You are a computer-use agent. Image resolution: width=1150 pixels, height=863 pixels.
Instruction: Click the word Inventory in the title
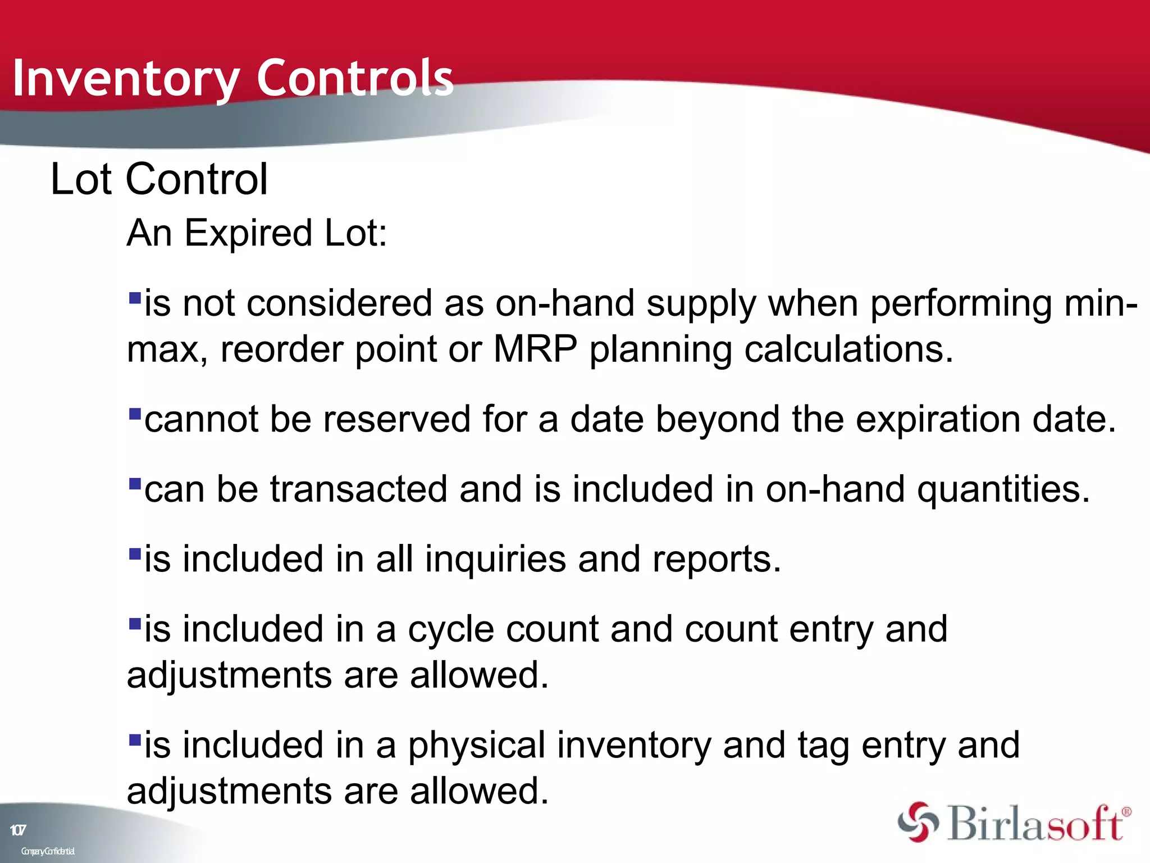[126, 79]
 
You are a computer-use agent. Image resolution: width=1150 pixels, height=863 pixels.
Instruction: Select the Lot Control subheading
[159, 179]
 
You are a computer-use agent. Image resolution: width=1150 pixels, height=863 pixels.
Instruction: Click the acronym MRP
[535, 349]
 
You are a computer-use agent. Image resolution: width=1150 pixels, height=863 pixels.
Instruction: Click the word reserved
[396, 419]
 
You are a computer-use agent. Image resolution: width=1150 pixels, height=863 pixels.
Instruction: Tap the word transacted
[359, 489]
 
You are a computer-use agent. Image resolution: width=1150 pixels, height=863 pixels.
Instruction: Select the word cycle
[451, 630]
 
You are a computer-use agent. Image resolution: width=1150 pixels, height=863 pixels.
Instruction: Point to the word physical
[477, 746]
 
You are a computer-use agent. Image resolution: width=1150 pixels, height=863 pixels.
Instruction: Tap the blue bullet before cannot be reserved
[135, 415]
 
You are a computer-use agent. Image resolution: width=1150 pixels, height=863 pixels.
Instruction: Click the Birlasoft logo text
[1036, 824]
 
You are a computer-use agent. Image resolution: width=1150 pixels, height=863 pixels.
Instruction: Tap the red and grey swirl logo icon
[918, 822]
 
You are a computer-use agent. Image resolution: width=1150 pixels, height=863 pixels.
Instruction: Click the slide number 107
[18, 830]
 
